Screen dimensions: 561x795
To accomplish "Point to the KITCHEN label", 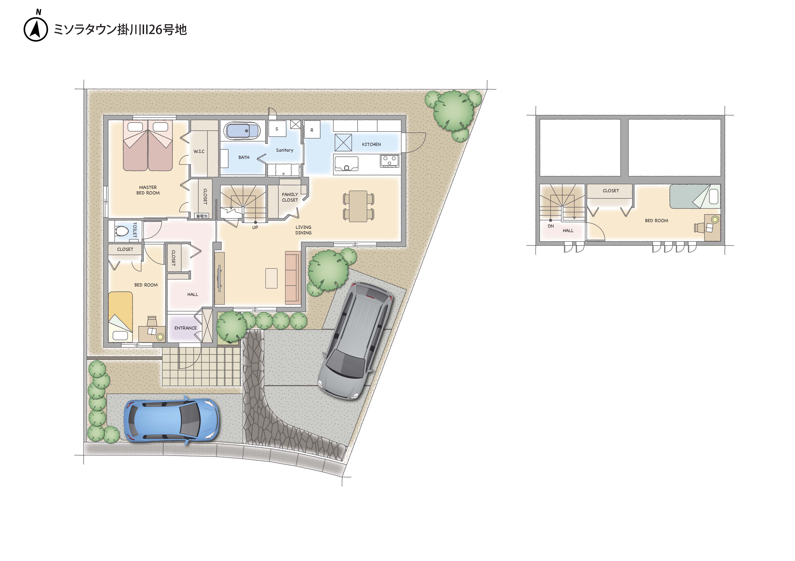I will (x=371, y=144).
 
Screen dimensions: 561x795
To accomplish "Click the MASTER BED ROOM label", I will (x=148, y=190).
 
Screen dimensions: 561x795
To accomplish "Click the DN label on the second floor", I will (x=551, y=226).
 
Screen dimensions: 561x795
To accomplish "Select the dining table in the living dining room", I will (x=358, y=206).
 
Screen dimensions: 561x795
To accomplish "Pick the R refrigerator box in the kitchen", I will (x=312, y=130).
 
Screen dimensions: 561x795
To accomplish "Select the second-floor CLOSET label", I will (x=611, y=191).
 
